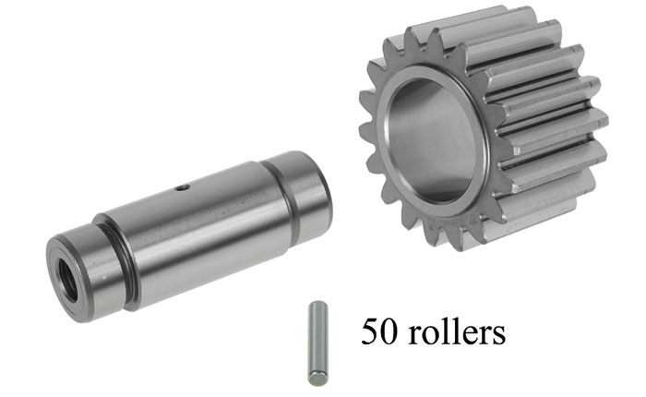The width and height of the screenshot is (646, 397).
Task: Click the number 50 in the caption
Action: tap(379, 331)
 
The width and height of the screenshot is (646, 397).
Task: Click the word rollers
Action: tap(457, 331)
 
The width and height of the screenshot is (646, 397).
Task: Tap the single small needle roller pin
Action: tap(318, 343)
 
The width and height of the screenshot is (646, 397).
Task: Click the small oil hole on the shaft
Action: tap(182, 187)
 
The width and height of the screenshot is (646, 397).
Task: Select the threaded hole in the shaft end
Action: tap(67, 281)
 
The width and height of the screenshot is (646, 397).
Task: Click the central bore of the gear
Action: tap(433, 140)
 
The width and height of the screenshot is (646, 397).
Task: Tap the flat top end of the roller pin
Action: tap(318, 305)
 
